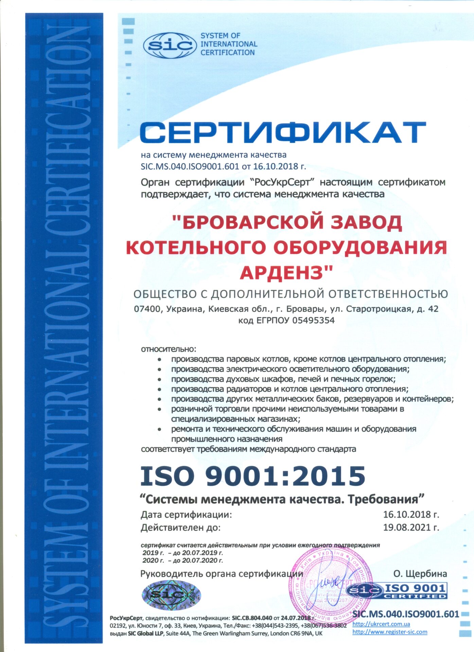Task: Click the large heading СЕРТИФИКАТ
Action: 283,132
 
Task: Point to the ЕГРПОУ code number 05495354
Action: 313,320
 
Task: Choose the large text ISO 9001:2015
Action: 253,475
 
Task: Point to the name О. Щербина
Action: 420,574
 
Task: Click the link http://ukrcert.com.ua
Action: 381,624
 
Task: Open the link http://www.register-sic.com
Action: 389,632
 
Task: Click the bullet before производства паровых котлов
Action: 159,359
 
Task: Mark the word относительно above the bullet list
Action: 169,349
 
